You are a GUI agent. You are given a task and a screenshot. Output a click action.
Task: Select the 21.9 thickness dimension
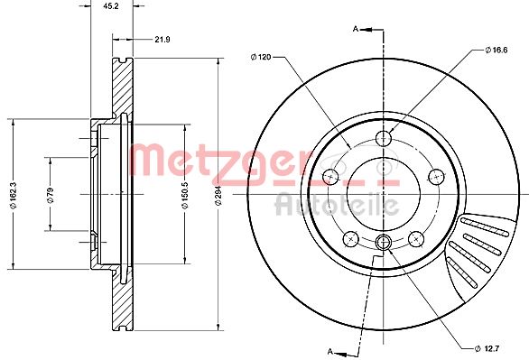(x=162, y=39)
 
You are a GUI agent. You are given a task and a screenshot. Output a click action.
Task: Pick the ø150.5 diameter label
(x=184, y=194)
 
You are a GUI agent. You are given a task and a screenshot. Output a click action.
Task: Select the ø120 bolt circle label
(x=261, y=58)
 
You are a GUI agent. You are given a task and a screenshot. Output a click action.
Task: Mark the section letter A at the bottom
(x=330, y=350)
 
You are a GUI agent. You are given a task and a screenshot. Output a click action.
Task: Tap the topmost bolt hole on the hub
(x=384, y=138)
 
